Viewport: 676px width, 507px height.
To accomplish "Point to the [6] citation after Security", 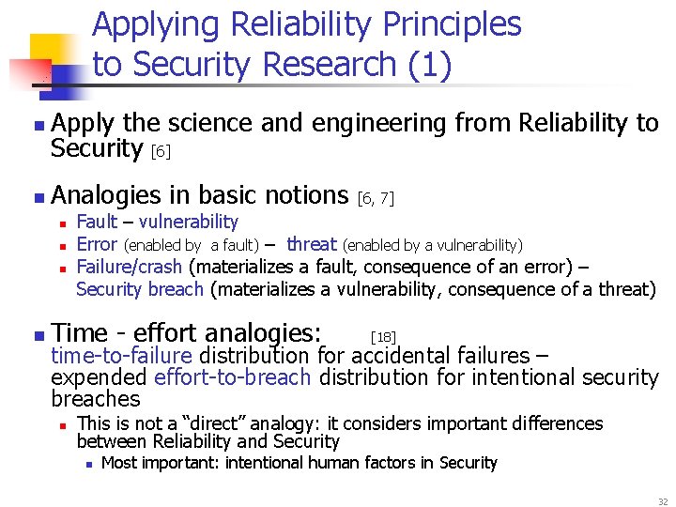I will [x=161, y=150].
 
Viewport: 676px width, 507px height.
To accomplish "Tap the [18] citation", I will [x=383, y=335].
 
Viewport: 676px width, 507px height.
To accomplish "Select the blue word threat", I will [x=312, y=244].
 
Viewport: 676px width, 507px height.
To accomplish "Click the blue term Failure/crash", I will [x=130, y=267].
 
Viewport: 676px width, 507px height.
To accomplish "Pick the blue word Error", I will [x=96, y=244].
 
